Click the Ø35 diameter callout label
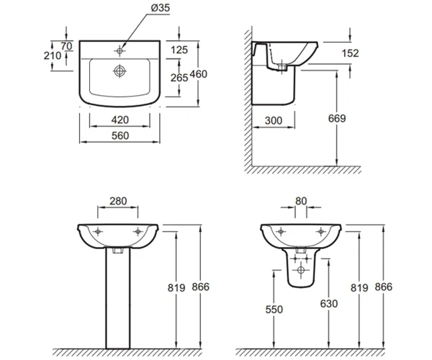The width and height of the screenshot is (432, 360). point(161,8)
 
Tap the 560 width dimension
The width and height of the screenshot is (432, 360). point(120,136)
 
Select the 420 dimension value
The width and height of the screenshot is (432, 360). point(120,120)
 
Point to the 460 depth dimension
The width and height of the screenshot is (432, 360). point(199,74)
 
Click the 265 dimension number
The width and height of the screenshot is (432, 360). point(179,78)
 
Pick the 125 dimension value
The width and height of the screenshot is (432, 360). point(179,50)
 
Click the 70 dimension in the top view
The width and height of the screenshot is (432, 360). point(66,46)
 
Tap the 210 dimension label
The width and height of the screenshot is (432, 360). point(53,55)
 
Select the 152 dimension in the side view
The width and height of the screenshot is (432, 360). point(350,53)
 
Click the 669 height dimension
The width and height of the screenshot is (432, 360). point(337,118)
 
